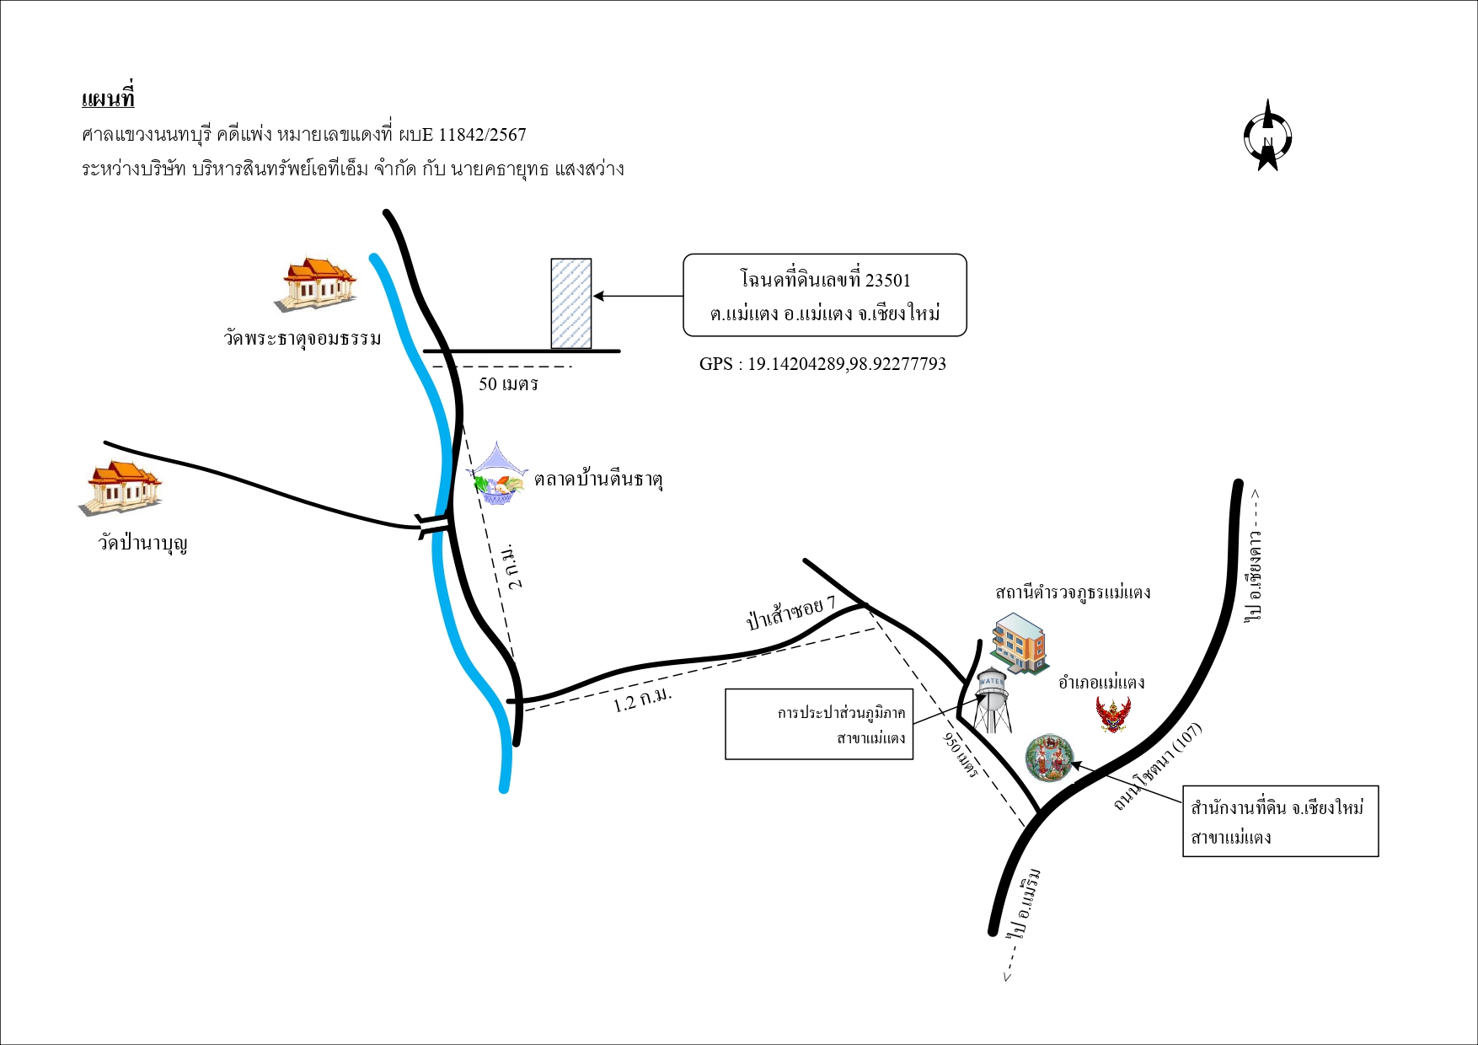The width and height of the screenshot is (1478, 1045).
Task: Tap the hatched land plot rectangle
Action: point(571,303)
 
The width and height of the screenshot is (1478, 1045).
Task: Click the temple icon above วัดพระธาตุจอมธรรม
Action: point(315,284)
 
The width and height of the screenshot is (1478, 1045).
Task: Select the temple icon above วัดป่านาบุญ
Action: point(120,487)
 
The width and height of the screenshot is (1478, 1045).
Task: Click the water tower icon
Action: point(992,699)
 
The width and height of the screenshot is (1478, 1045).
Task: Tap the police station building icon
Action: point(1019,642)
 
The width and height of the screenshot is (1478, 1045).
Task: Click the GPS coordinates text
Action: point(822,364)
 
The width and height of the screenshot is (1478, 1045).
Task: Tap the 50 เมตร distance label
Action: point(508,384)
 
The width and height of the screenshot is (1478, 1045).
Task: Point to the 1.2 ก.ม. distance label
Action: point(642,699)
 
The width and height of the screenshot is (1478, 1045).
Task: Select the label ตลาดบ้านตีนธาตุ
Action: point(598,480)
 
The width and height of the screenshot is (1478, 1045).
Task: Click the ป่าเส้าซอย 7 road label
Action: point(790,613)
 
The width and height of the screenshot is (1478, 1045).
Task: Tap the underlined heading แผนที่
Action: point(108,98)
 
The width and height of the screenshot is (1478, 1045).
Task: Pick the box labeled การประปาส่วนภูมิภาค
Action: point(819,724)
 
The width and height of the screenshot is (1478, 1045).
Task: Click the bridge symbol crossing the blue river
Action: point(433,524)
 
